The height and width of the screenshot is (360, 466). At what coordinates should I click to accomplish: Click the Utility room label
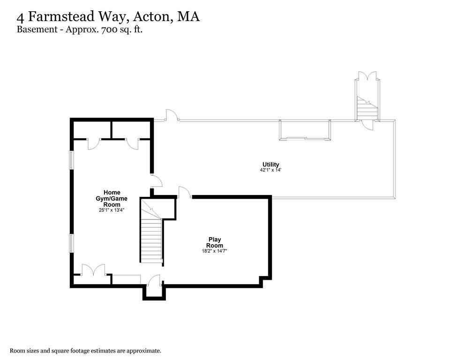(271, 165)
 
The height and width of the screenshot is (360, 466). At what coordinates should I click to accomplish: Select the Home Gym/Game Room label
(112, 198)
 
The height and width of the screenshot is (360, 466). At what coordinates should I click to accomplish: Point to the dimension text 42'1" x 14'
(271, 170)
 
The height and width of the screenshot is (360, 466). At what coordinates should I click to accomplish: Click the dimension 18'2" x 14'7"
(215, 251)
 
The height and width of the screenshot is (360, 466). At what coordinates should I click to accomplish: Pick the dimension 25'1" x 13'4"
(112, 210)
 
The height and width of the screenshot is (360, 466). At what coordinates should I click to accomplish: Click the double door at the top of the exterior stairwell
(367, 76)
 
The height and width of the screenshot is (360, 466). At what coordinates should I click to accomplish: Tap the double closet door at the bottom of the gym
(93, 270)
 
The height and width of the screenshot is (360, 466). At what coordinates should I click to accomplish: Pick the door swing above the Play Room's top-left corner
(184, 192)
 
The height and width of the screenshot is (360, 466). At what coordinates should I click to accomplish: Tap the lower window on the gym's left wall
(72, 243)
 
